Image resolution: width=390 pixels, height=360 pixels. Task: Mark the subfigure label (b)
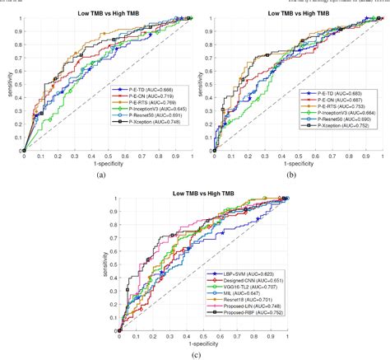(x=292, y=175)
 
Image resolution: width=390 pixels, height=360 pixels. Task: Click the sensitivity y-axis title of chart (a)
(x=8, y=85)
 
